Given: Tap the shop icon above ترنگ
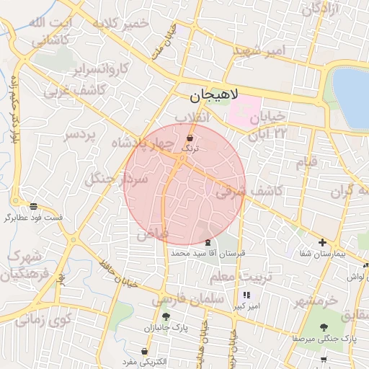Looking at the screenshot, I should (x=190, y=137).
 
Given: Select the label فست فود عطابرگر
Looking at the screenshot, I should (x=32, y=217).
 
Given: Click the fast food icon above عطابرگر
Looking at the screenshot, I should (x=33, y=205).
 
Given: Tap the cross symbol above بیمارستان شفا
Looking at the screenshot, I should (x=322, y=243).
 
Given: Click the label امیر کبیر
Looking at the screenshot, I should (x=246, y=306).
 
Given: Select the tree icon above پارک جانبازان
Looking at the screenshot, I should (x=166, y=316).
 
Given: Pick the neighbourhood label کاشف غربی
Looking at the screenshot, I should (x=75, y=91).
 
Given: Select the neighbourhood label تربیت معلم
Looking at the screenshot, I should (x=241, y=277).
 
